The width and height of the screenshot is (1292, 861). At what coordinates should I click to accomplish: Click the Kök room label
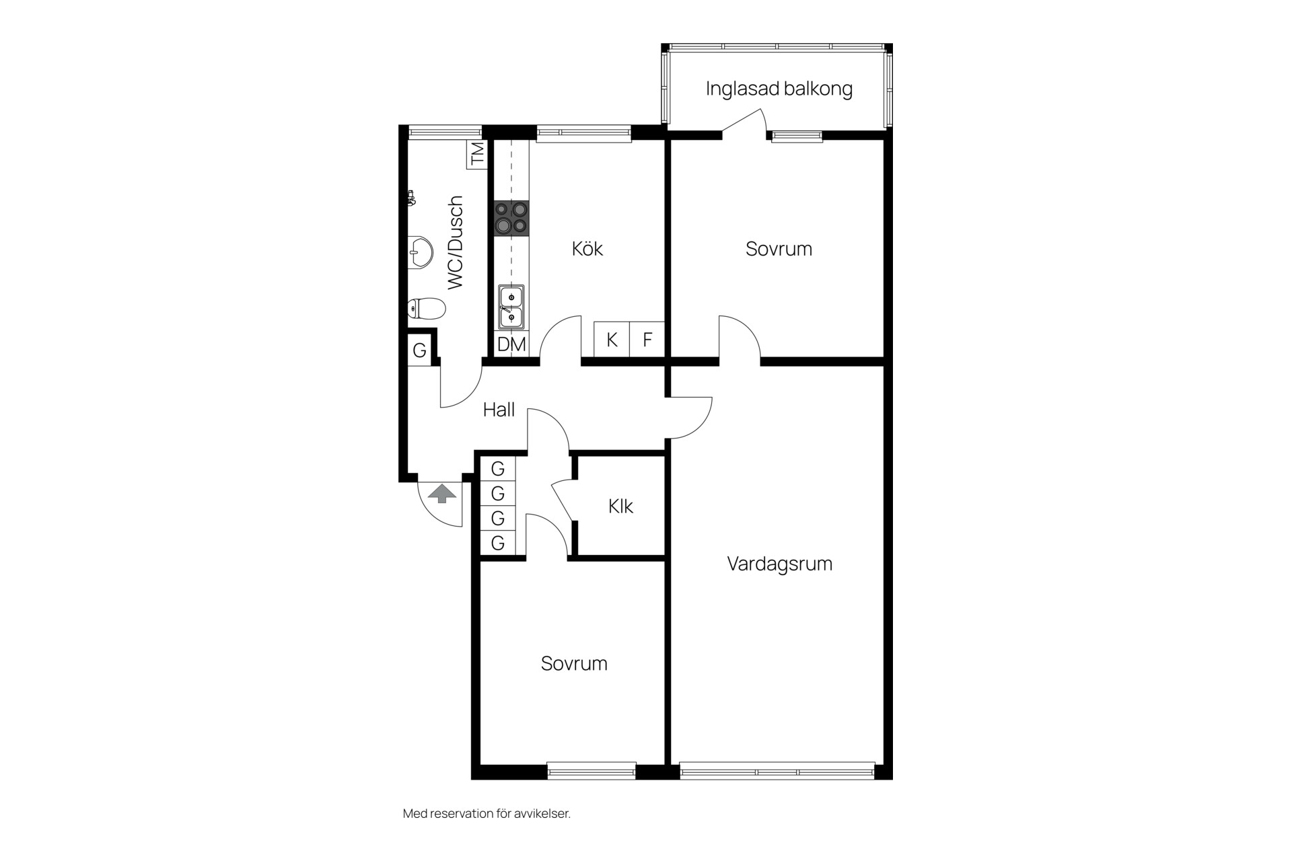click(587, 248)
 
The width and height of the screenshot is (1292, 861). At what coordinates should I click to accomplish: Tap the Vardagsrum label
click(779, 564)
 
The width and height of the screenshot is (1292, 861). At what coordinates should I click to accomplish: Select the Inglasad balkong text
click(779, 88)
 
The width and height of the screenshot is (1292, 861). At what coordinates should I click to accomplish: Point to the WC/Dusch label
click(456, 242)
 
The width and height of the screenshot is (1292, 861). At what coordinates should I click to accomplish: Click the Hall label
click(499, 409)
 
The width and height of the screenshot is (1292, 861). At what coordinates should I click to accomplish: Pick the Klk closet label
click(620, 506)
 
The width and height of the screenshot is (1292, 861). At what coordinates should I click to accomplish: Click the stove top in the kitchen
click(511, 218)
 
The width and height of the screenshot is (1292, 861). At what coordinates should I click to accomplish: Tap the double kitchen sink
click(511, 307)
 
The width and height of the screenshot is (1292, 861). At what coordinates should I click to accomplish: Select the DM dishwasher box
click(511, 344)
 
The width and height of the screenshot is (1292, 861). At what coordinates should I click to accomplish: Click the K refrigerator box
click(612, 340)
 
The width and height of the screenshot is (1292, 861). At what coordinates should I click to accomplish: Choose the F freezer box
click(647, 340)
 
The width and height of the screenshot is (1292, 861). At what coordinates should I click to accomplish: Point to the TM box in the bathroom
click(476, 154)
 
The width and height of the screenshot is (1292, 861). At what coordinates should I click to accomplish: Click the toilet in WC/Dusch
click(427, 309)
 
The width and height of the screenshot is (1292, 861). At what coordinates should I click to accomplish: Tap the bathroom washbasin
click(420, 253)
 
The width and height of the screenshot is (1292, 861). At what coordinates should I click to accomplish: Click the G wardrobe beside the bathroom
click(419, 350)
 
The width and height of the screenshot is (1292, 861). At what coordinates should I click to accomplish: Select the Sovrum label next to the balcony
click(779, 249)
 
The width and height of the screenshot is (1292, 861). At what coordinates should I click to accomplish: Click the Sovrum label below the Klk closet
click(574, 663)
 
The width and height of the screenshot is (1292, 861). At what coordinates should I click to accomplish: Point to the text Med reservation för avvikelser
click(487, 813)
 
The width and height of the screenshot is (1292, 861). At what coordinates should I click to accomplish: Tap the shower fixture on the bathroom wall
click(412, 198)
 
